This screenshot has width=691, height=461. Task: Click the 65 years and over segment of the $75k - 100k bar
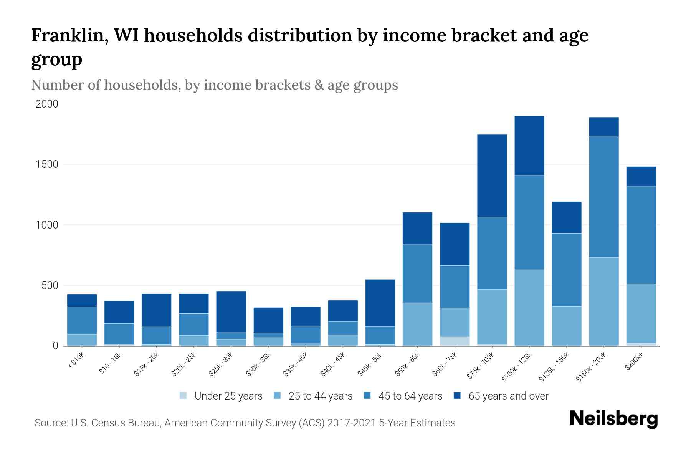pyautogui.click(x=492, y=176)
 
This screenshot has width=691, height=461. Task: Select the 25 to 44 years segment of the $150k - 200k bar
pyautogui.click(x=604, y=301)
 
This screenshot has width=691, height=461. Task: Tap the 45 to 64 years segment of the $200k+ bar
pyautogui.click(x=641, y=235)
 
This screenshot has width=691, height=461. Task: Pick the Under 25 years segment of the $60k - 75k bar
pyautogui.click(x=455, y=341)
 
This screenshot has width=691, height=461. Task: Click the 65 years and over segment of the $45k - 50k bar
pyautogui.click(x=380, y=303)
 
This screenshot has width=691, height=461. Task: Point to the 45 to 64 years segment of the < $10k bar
pyautogui.click(x=82, y=320)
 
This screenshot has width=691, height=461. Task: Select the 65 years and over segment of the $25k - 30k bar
pyautogui.click(x=231, y=312)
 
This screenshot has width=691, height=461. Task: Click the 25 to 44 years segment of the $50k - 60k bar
pyautogui.click(x=417, y=324)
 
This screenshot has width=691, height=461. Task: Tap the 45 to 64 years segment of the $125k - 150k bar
pyautogui.click(x=567, y=269)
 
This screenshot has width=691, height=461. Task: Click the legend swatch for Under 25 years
pyautogui.click(x=183, y=395)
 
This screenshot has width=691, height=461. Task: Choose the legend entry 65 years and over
pyautogui.click(x=508, y=396)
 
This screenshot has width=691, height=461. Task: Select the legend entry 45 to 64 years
pyautogui.click(x=410, y=396)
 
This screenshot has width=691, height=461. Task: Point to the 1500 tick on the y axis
pyautogui.click(x=47, y=164)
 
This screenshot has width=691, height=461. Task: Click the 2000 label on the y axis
pyautogui.click(x=47, y=104)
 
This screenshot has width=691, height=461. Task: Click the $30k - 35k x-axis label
pyautogui.click(x=259, y=364)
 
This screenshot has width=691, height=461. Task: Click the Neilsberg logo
pyautogui.click(x=613, y=419)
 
